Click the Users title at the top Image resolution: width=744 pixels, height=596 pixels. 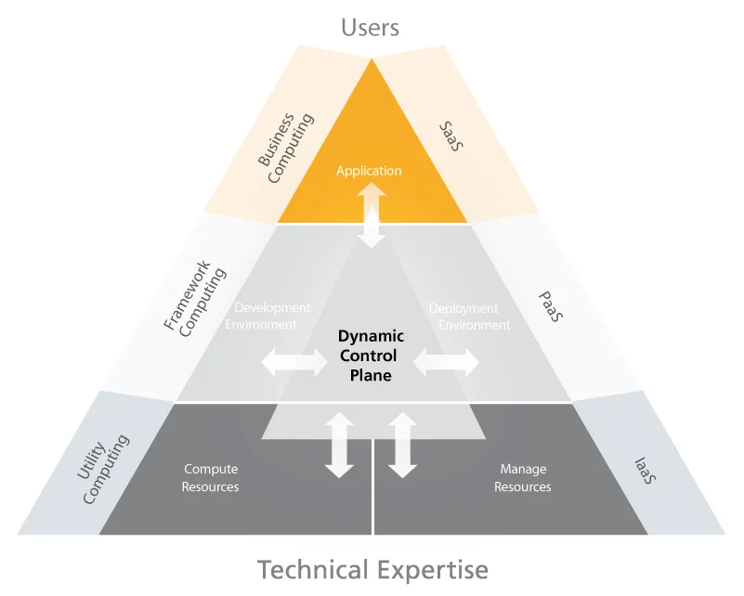[370, 28]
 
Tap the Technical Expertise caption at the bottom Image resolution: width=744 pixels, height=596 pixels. [372, 568]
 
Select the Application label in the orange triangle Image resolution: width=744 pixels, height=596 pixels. [369, 171]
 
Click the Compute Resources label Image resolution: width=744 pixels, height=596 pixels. [210, 478]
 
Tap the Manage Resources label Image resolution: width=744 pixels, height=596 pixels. [523, 478]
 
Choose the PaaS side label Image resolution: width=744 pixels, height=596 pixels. [551, 304]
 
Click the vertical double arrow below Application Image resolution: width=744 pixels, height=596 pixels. [372, 214]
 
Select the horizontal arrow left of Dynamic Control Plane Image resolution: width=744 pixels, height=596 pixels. [294, 362]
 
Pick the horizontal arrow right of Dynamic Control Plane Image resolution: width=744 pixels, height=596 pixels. [446, 362]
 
